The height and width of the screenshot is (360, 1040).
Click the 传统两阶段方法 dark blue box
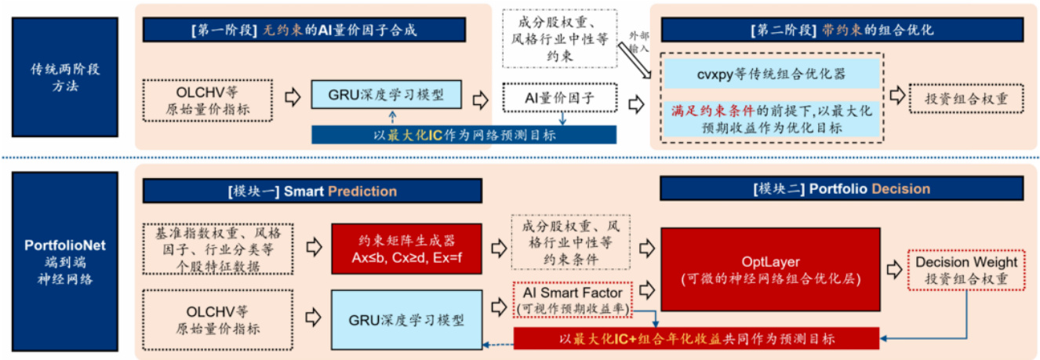[x=64, y=78]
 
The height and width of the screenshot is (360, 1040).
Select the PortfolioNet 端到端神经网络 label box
[x=64, y=262]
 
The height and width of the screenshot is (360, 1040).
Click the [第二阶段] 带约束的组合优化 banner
[x=842, y=31]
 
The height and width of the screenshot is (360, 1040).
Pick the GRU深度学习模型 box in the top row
[x=386, y=96]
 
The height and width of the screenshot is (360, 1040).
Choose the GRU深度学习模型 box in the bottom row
[x=405, y=319]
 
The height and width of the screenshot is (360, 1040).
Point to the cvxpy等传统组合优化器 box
[x=771, y=75]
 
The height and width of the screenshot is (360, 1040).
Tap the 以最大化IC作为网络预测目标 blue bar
[x=464, y=134]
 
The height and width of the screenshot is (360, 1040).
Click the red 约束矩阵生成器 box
[x=406, y=249]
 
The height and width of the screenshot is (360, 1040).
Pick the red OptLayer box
[x=771, y=269]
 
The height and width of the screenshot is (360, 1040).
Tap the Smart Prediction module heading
[x=311, y=191]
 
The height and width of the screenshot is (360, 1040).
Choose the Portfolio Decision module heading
[x=842, y=189]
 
